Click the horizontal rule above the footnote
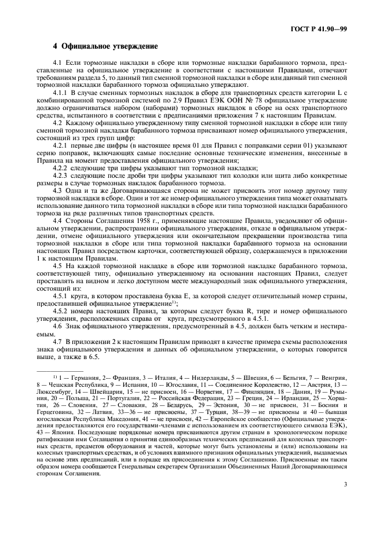pyautogui.click(x=68, y=370)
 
